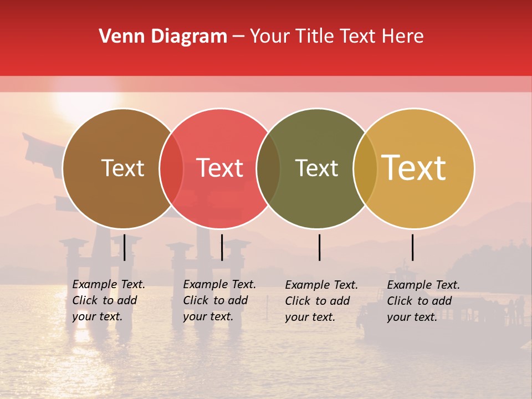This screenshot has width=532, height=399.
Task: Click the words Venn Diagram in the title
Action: point(163,37)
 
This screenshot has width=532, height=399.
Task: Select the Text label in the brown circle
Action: point(122,168)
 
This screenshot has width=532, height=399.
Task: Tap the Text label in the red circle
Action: point(219,168)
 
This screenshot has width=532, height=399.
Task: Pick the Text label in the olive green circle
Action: point(316,168)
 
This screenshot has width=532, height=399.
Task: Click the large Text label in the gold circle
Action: point(414,168)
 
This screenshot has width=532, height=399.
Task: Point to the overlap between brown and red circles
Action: point(171,168)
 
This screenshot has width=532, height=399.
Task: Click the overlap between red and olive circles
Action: point(268,168)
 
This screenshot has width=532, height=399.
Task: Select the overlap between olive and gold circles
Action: point(365,168)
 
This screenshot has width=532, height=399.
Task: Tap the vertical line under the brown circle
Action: point(125,247)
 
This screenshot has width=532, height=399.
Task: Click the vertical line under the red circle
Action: point(222,247)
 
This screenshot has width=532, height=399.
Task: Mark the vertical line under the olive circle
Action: point(320,247)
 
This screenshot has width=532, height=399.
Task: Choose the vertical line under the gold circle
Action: point(412,247)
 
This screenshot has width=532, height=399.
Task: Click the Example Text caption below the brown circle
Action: point(109,300)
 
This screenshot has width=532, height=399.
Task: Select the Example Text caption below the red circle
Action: point(219,300)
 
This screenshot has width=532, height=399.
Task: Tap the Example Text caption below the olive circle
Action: point(321,301)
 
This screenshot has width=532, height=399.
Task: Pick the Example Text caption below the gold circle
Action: point(423,301)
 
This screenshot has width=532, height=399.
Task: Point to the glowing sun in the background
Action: point(86,103)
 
